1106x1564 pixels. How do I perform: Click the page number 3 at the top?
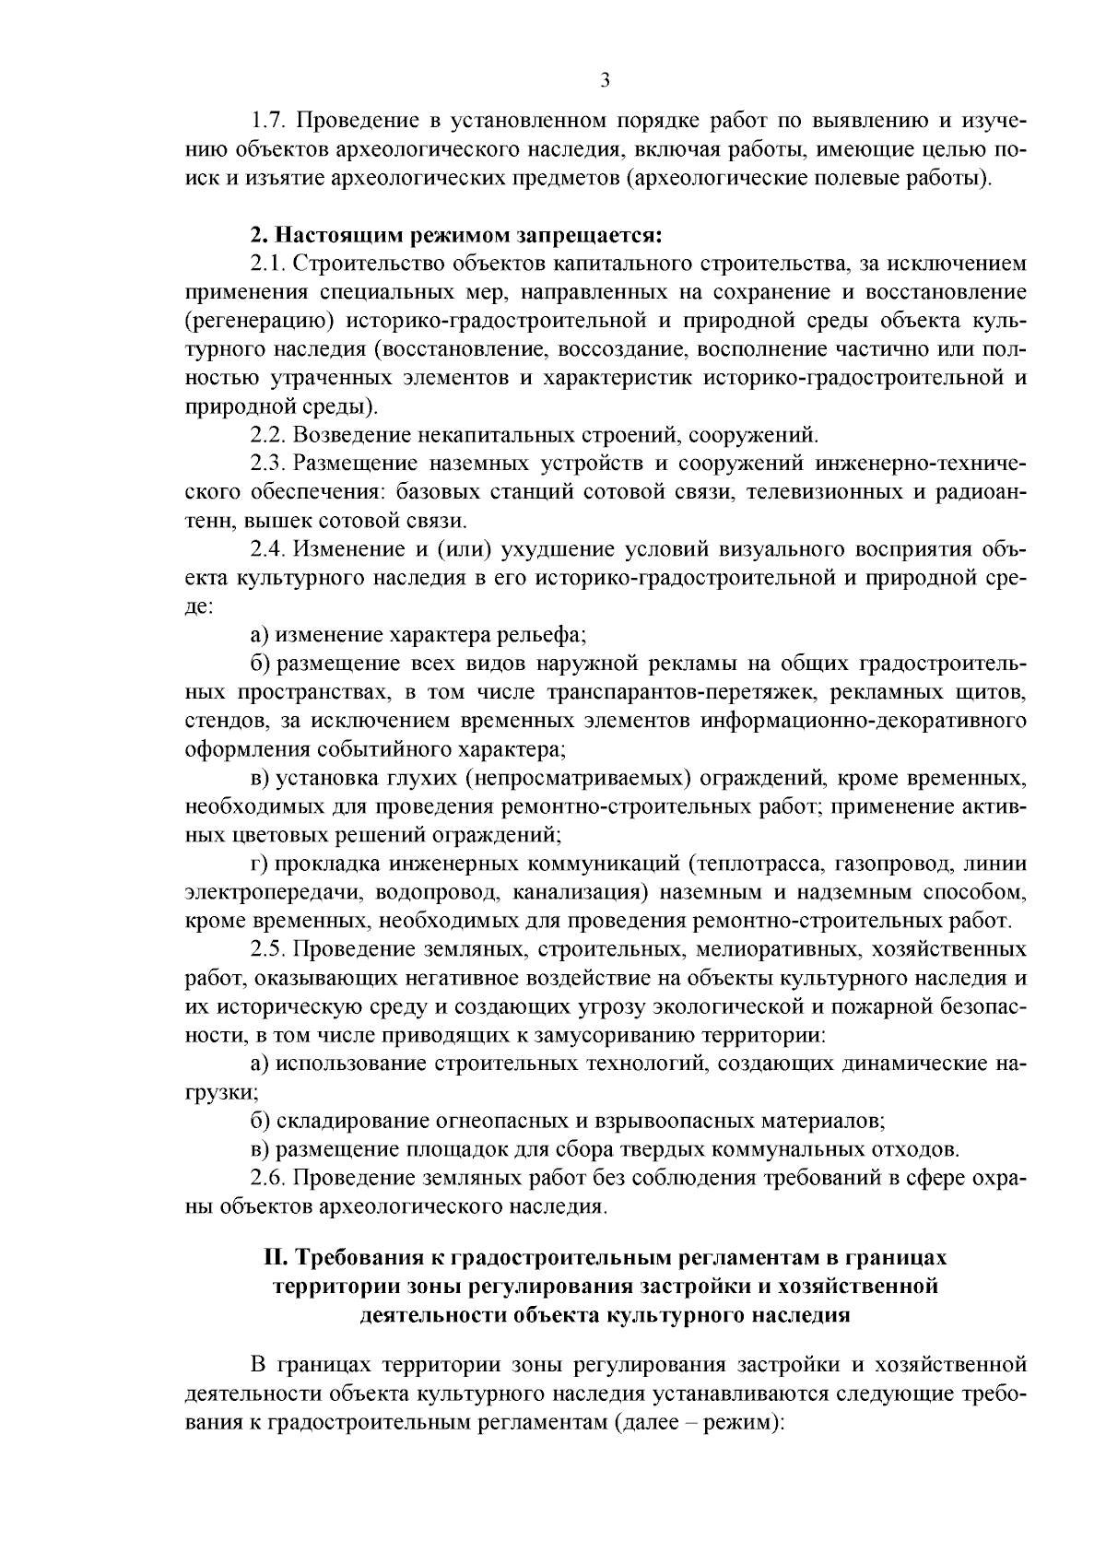605,80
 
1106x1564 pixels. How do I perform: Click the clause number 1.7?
268,121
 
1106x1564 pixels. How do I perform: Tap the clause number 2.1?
268,264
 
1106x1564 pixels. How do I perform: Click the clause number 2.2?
268,434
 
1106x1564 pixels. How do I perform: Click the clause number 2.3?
268,463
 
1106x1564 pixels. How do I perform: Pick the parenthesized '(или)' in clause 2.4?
466,549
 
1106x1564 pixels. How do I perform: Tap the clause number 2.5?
268,949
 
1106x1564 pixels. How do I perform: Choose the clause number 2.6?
268,1178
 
